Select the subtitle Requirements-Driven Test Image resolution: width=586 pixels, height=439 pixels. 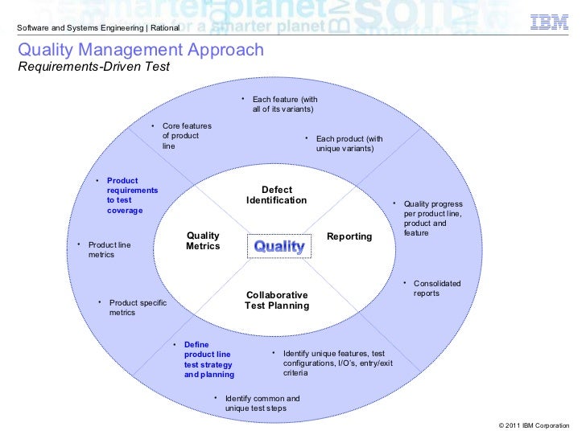tap(93, 67)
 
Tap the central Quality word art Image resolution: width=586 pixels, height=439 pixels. tap(279, 246)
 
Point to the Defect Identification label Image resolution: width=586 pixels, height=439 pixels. tap(276, 195)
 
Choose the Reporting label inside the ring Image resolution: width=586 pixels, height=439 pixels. tap(349, 236)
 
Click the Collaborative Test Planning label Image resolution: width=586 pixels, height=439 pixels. tap(277, 301)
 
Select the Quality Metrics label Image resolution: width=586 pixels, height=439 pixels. tap(203, 240)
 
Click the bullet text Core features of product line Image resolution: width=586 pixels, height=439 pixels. tap(186, 136)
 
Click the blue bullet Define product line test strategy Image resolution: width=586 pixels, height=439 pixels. tap(208, 359)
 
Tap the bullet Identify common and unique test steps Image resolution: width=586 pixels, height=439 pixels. tap(262, 404)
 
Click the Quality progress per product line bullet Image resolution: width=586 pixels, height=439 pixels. tap(432, 218)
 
